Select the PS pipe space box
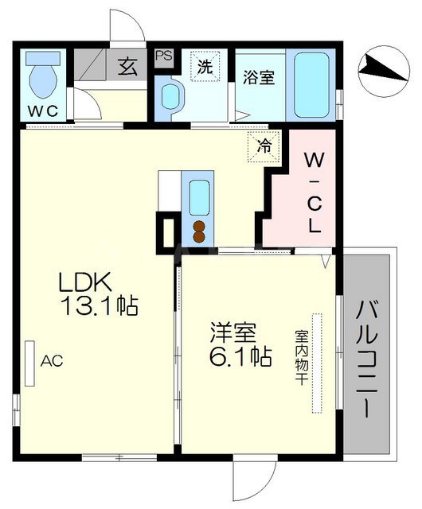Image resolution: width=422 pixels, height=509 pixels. pyautogui.click(x=165, y=56)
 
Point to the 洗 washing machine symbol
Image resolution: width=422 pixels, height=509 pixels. pyautogui.click(x=205, y=68)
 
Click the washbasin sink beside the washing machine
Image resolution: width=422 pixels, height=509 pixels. pyautogui.click(x=170, y=98)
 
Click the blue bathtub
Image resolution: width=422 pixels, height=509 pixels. pyautogui.click(x=311, y=85)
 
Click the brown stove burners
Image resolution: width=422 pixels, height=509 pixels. pyautogui.click(x=197, y=230)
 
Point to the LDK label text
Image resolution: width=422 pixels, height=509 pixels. pyautogui.click(x=88, y=282)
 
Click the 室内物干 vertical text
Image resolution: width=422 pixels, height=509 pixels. pyautogui.click(x=302, y=359)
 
